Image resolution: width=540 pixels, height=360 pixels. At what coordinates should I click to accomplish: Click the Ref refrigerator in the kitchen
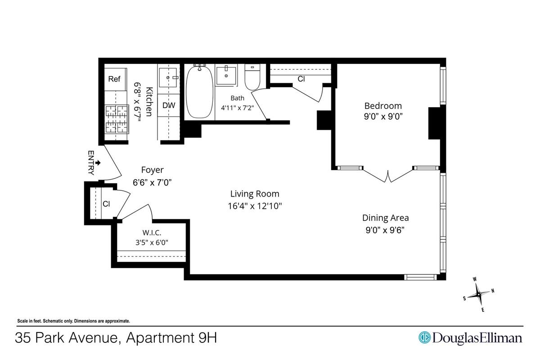(115, 79)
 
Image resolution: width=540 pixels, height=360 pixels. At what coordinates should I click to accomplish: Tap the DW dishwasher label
(169, 105)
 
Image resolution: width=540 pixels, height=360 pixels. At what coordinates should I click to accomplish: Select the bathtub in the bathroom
(200, 92)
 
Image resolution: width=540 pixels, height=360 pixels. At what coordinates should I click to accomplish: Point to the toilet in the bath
(252, 77)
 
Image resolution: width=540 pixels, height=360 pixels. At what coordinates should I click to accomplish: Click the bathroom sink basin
(226, 76)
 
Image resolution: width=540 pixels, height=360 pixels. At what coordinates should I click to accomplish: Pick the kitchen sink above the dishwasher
(168, 78)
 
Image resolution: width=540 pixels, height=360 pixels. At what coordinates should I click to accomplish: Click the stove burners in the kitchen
(117, 119)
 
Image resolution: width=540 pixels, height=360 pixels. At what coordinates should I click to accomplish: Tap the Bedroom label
(383, 106)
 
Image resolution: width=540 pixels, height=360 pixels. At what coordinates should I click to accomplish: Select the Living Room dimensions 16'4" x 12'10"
(255, 206)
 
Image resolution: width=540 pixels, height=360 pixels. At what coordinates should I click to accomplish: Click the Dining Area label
(386, 218)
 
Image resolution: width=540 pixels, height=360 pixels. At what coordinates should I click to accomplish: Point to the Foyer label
(153, 170)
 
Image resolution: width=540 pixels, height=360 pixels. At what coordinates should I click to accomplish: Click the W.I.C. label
(152, 233)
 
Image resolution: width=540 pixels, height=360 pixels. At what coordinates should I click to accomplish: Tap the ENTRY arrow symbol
(98, 163)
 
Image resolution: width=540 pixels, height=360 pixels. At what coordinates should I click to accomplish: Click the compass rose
(478, 295)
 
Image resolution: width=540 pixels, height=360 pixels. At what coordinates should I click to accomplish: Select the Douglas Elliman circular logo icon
(424, 337)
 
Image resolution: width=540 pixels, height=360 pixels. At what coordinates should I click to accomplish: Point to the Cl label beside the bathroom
(301, 79)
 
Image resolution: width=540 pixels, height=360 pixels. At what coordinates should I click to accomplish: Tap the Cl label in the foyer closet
(106, 204)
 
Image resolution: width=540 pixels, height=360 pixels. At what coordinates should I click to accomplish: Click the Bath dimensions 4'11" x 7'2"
(238, 108)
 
